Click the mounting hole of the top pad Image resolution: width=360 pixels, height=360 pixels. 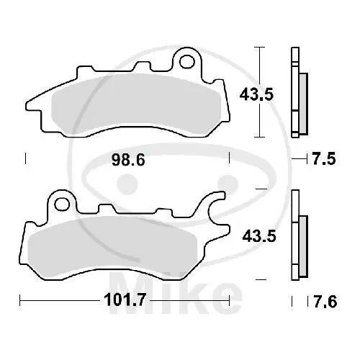(x=189, y=59)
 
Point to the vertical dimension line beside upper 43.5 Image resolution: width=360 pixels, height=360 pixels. (x=260, y=92)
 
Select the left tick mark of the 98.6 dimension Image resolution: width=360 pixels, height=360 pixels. (x=26, y=158)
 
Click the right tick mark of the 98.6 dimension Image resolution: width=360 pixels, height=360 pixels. (x=229, y=158)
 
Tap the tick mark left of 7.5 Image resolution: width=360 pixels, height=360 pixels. (x=292, y=158)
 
